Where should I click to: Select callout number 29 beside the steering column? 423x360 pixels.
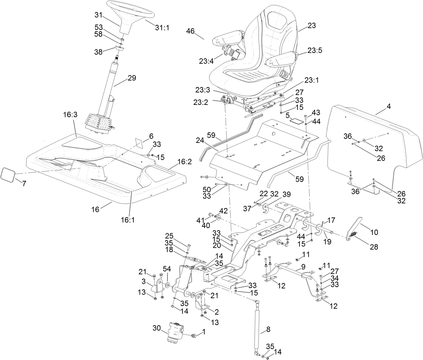[x=131, y=78]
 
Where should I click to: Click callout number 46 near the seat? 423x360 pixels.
[x=190, y=31]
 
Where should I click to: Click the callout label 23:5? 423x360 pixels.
[x=314, y=50]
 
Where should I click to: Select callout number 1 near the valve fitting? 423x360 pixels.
[x=203, y=332]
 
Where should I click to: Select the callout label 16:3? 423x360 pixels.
[x=70, y=114]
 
